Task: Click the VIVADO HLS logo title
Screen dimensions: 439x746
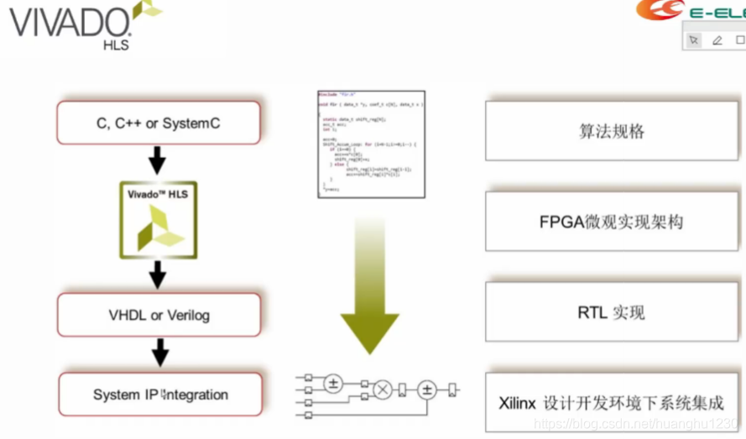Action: pos(71,24)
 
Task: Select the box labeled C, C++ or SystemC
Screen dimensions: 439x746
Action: pos(158,123)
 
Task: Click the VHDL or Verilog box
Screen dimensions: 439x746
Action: pos(158,316)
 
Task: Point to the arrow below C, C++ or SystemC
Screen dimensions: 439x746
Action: pos(157,161)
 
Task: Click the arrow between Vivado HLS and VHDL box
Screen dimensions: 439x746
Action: pos(157,274)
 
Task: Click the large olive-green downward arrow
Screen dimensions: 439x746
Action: pos(370,285)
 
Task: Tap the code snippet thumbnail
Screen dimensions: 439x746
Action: pos(370,144)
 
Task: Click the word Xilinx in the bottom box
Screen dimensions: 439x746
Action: pos(517,403)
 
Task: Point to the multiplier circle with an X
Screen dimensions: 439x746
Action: pos(383,389)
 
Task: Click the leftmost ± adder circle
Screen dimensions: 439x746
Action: pos(333,383)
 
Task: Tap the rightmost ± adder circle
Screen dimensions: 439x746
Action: pos(427,389)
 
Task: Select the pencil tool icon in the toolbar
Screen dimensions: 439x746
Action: pos(717,39)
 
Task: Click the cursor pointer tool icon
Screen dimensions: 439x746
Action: pos(693,39)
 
